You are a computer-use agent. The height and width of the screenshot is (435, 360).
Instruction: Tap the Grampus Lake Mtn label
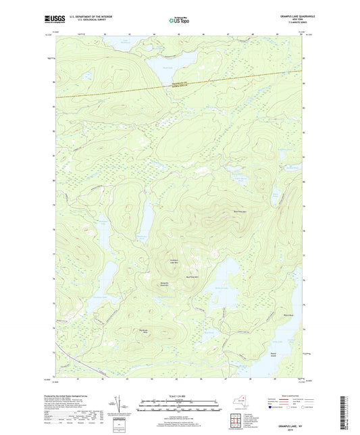click(175, 261)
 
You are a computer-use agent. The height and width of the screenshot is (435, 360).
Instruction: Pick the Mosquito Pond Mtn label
click(164, 284)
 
